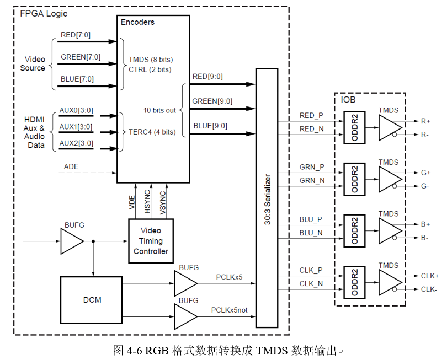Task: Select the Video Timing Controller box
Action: pyautogui.click(x=151, y=241)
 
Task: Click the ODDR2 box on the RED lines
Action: pyautogui.click(x=355, y=127)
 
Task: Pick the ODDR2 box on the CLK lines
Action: pyautogui.click(x=355, y=282)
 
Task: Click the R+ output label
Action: pyautogui.click(x=426, y=120)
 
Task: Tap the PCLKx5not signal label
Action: pyautogui.click(x=233, y=310)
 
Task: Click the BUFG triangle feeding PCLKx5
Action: pyautogui.click(x=184, y=284)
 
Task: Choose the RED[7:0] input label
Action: pyautogui.click(x=76, y=35)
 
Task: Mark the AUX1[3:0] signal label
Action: pyautogui.click(x=76, y=127)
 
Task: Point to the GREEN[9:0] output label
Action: pyautogui.click(x=212, y=101)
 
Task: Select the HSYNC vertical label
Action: pyautogui.click(x=147, y=202)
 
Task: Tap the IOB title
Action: pyautogui.click(x=348, y=100)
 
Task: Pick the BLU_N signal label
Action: pyautogui.click(x=311, y=233)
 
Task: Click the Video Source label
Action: pyautogui.click(x=33, y=63)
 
